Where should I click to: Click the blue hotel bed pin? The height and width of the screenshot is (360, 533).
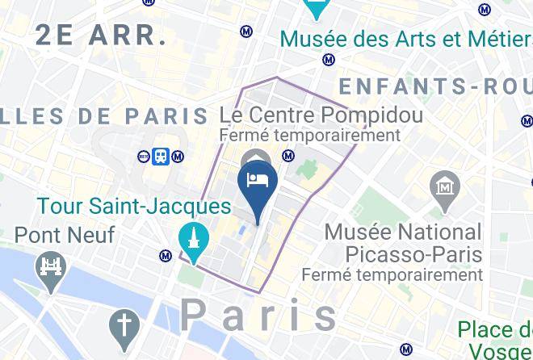click(258, 180)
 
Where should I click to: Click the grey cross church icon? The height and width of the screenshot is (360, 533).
click(124, 326)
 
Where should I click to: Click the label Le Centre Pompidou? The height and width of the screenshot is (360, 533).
click(321, 115)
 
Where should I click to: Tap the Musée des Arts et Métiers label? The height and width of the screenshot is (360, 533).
click(404, 38)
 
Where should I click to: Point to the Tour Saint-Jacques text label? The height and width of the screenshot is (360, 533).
click(134, 206)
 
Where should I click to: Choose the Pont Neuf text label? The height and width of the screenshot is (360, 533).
click(65, 235)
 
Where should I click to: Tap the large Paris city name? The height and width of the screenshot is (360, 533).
click(260, 315)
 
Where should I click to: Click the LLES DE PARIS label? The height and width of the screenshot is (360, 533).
click(105, 115)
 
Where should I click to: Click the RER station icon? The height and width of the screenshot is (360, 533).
click(144, 156)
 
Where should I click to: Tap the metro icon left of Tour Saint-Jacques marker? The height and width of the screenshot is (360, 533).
click(166, 256)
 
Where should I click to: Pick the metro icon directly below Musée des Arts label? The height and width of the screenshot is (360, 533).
click(328, 59)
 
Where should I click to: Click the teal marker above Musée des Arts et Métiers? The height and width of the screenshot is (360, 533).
click(315, 8)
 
